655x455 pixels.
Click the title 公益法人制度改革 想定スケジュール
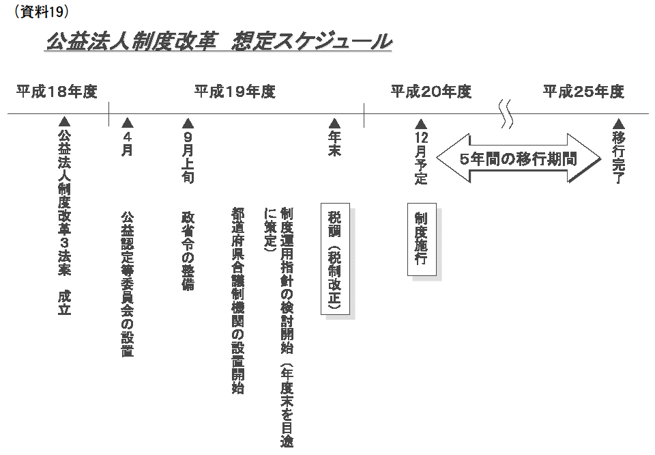click(x=219, y=41)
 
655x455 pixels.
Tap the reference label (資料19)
click(x=41, y=12)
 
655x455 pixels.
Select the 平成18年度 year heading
click(x=57, y=91)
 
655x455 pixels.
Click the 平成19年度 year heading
click(x=235, y=91)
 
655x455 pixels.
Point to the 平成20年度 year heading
click(x=431, y=91)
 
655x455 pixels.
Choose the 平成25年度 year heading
click(x=583, y=91)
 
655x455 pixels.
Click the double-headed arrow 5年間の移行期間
click(x=519, y=158)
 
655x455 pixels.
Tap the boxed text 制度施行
click(x=422, y=239)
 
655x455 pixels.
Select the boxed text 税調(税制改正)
click(x=335, y=258)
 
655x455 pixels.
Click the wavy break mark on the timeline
click(x=507, y=114)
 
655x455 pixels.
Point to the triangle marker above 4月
click(x=128, y=123)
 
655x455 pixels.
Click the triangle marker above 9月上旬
click(x=188, y=123)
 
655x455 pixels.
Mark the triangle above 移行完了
click(x=618, y=124)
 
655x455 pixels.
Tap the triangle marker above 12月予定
click(x=421, y=124)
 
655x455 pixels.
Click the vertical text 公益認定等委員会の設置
click(x=128, y=284)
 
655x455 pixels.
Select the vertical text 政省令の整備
click(x=188, y=251)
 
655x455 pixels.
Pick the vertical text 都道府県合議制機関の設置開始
click(x=238, y=301)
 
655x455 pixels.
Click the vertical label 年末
click(x=334, y=143)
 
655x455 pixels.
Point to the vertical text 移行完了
click(x=618, y=157)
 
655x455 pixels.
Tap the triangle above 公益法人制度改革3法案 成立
click(x=64, y=122)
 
